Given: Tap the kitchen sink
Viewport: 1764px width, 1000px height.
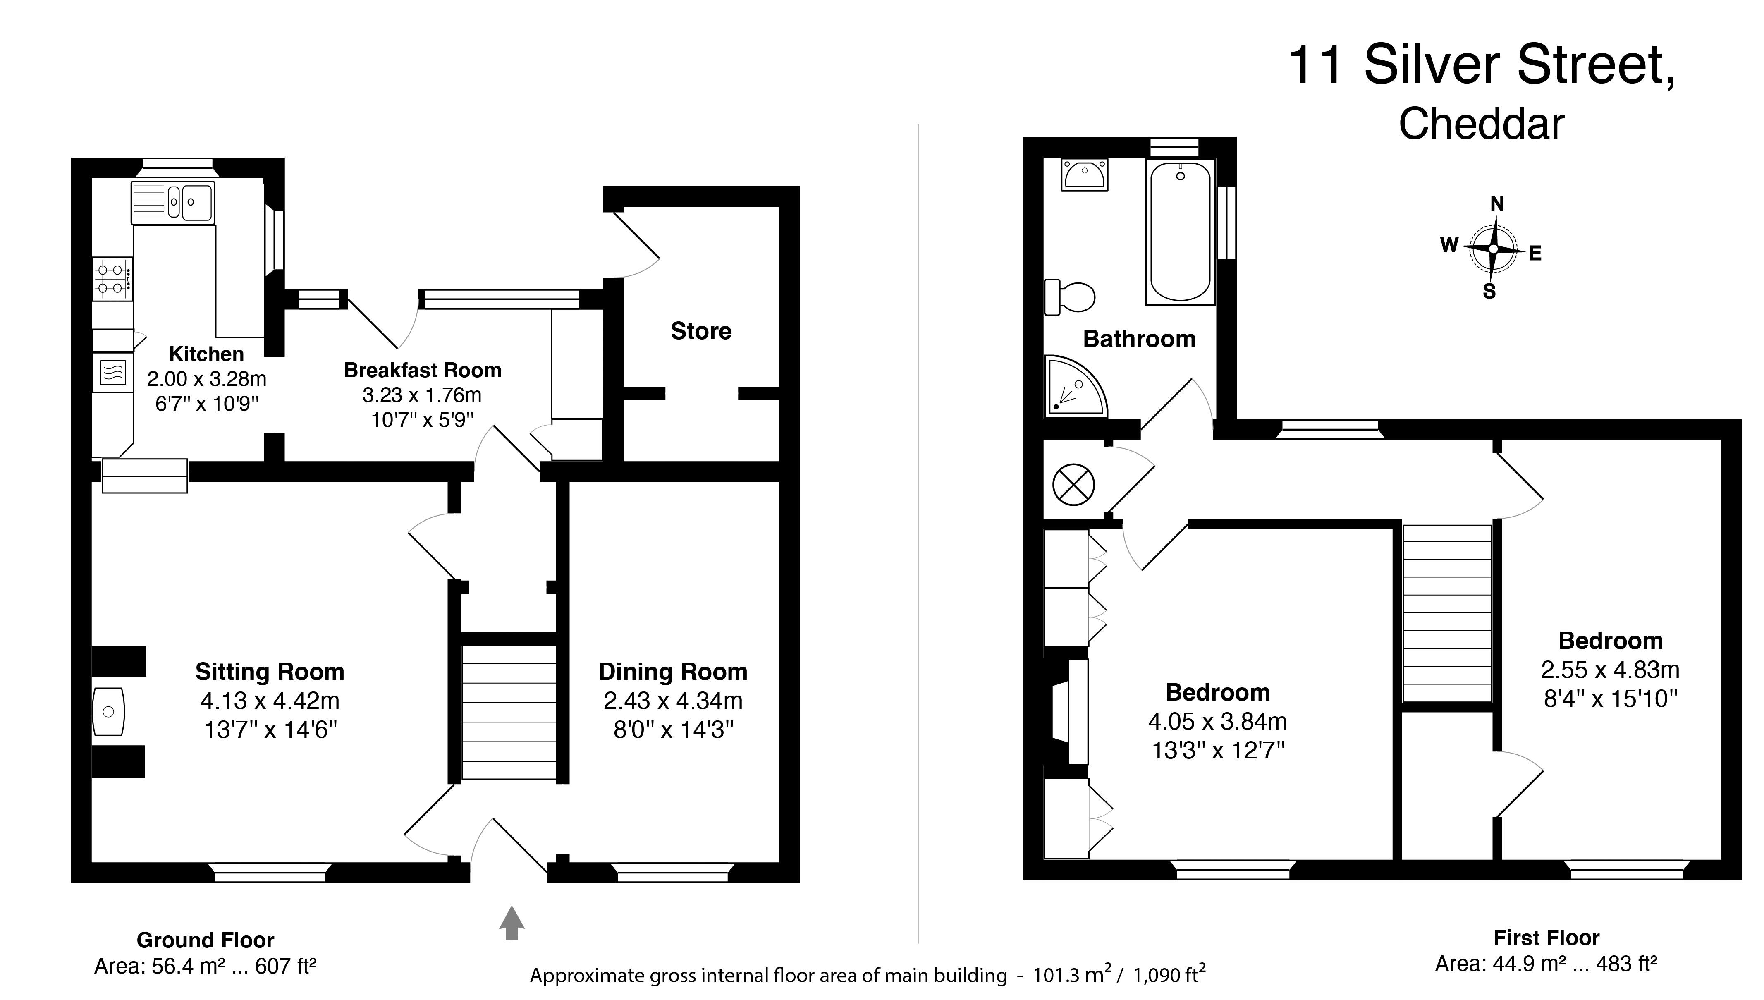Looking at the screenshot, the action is [x=172, y=202].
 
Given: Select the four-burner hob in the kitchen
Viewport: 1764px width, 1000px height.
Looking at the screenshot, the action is [x=112, y=279].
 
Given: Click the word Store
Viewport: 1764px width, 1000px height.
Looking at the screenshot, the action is [x=701, y=331].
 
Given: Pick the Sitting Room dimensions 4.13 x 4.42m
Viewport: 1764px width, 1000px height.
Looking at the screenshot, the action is [x=270, y=701].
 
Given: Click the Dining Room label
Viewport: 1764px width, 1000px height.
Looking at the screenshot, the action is [x=673, y=672].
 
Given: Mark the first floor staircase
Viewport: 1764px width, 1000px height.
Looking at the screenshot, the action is [x=1447, y=613].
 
